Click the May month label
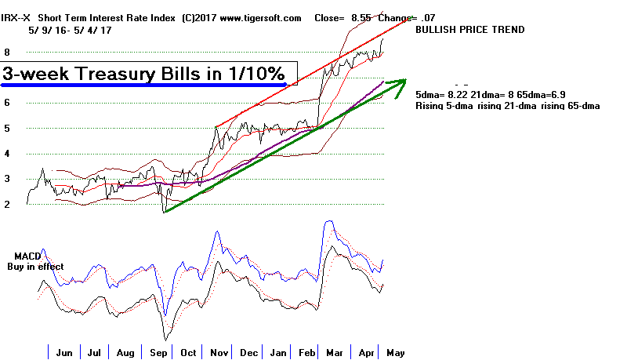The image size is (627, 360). click(396, 352)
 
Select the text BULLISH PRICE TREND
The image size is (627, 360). click(469, 30)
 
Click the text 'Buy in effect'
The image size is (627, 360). click(36, 267)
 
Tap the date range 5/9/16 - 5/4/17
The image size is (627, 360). click(60, 30)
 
